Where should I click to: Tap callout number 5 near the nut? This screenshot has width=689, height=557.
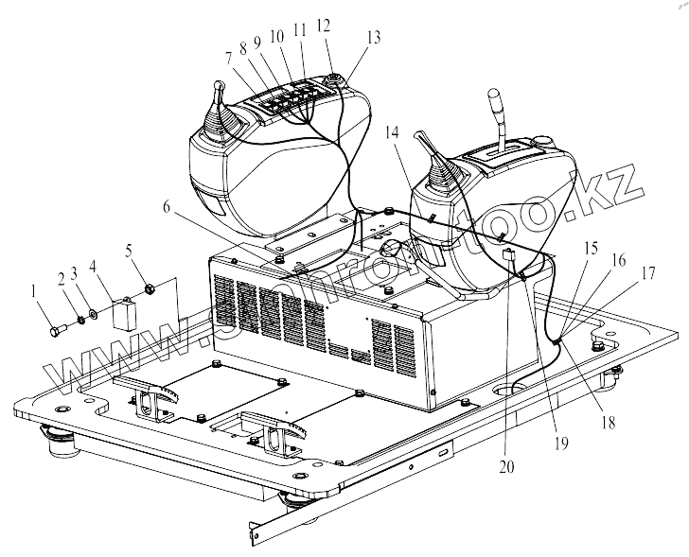click(131, 251)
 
